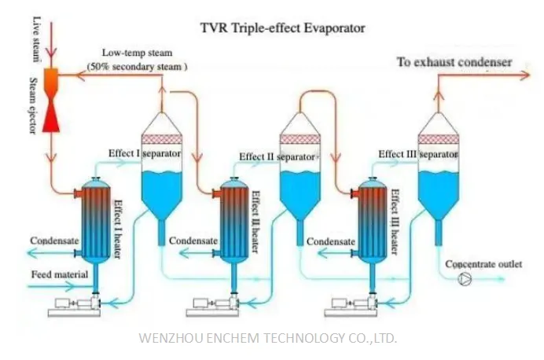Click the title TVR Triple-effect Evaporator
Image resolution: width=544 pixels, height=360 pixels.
[x=283, y=28]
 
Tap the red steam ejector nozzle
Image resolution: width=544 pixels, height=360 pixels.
[x=51, y=100]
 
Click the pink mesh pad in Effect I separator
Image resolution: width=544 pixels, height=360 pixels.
[x=162, y=139]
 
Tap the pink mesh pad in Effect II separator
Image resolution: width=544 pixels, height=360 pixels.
[x=300, y=139]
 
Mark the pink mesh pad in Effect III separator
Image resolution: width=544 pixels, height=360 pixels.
[x=438, y=139]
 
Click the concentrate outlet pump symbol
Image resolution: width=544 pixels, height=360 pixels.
[x=465, y=279]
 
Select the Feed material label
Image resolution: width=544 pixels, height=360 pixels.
[x=60, y=274]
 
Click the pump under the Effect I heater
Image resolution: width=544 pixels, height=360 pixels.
[x=74, y=305]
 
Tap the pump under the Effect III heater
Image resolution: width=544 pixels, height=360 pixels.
[x=351, y=305]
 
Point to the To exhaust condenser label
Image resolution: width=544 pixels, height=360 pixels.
[x=454, y=62]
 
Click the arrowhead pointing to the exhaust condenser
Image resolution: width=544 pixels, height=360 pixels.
[x=525, y=75]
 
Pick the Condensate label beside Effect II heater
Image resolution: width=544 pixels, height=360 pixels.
[x=193, y=241]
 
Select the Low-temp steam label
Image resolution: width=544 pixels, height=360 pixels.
[x=137, y=53]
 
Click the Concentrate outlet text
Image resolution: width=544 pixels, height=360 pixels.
[x=483, y=264]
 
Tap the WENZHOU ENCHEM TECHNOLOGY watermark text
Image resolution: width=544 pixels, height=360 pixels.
[x=268, y=338]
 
